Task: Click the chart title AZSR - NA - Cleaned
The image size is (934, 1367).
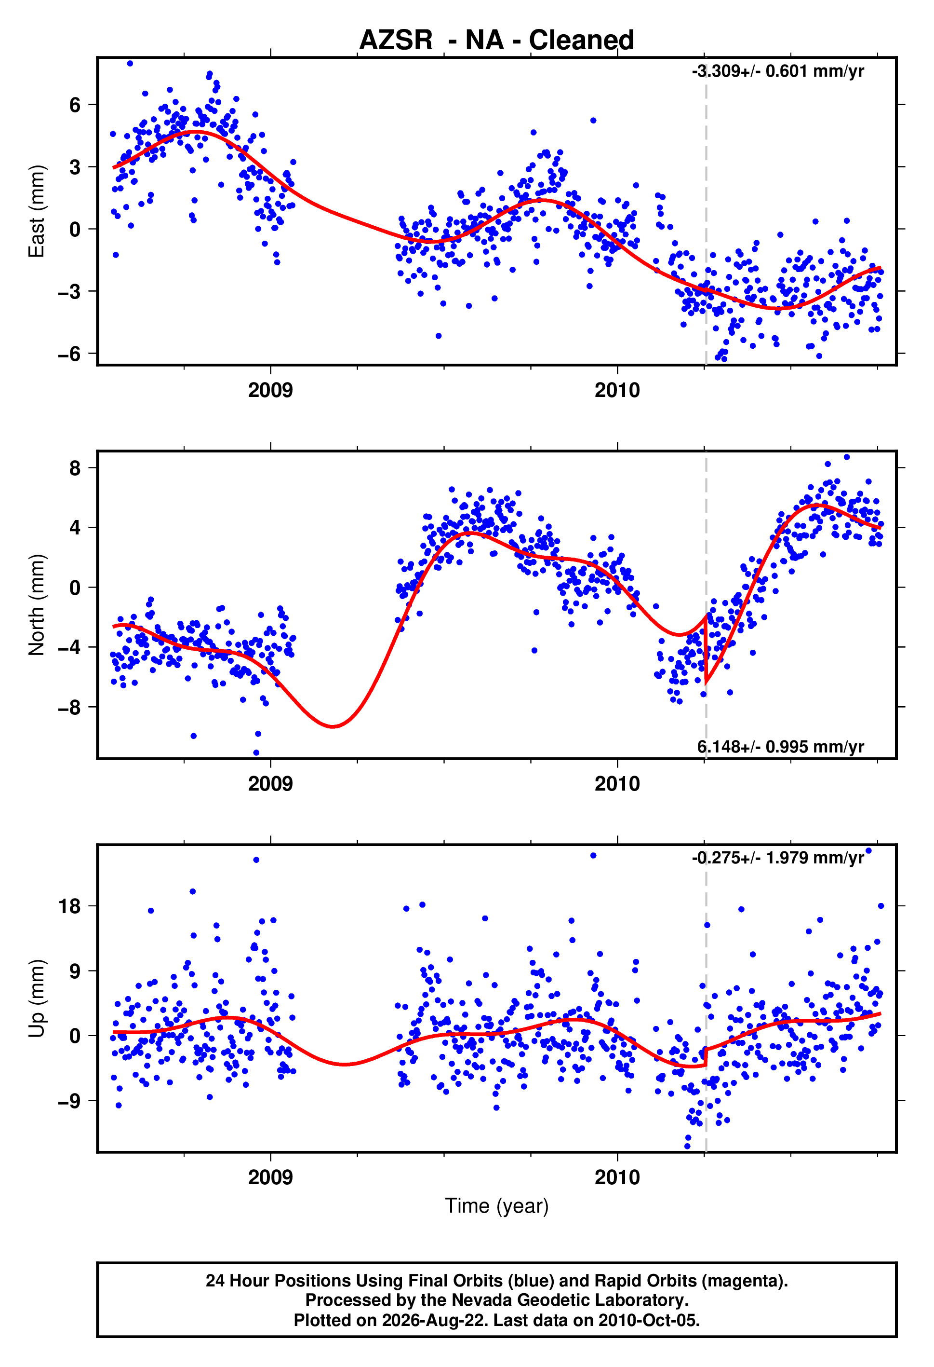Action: [x=497, y=40]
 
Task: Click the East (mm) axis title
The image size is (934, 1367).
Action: [x=37, y=211]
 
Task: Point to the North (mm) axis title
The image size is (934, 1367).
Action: [x=37, y=605]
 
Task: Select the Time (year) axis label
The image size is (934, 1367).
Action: [x=497, y=1206]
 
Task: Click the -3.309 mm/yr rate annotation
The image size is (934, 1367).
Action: [x=778, y=71]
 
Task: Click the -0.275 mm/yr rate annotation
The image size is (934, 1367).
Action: [x=778, y=858]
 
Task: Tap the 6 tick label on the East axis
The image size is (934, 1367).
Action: [x=75, y=105]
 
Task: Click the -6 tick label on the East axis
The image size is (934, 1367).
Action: [x=69, y=354]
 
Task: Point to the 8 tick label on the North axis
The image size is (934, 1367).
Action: [x=75, y=468]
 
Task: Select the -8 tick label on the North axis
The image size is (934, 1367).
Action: [x=69, y=707]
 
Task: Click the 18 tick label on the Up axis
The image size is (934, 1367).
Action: [x=69, y=906]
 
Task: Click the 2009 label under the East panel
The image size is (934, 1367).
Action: [x=270, y=390]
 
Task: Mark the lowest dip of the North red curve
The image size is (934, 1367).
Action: [x=333, y=727]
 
